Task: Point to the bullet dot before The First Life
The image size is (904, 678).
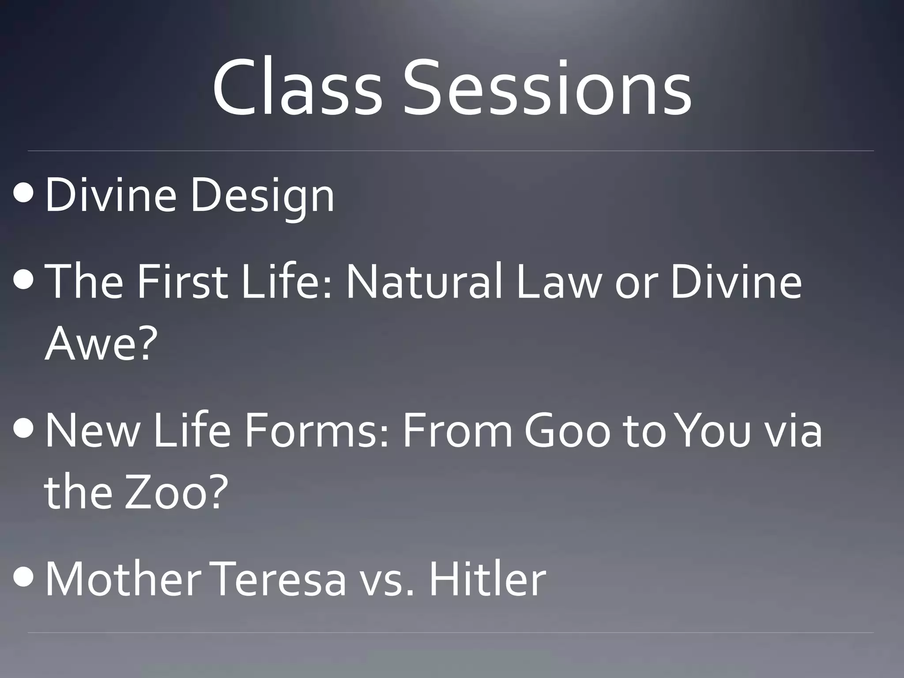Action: coord(23,281)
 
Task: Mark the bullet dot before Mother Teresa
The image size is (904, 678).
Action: coord(23,578)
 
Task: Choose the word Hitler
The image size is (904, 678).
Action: coord(487,578)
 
